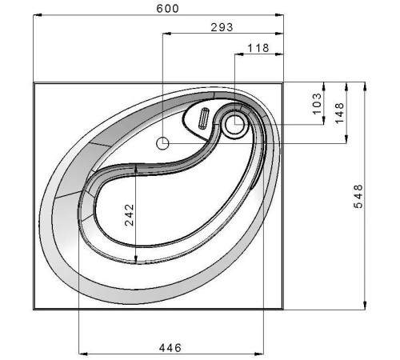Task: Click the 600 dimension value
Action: pos(167,9)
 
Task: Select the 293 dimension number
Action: pos(222,27)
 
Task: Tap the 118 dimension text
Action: pos(258,48)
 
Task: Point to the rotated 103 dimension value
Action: pos(317,104)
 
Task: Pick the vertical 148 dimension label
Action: pos(339,113)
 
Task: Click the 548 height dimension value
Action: pos(358,196)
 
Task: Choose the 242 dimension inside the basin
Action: pos(130,215)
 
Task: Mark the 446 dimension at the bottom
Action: pos(170,348)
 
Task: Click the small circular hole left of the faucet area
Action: pos(162,143)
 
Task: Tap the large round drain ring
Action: pos(234,124)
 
